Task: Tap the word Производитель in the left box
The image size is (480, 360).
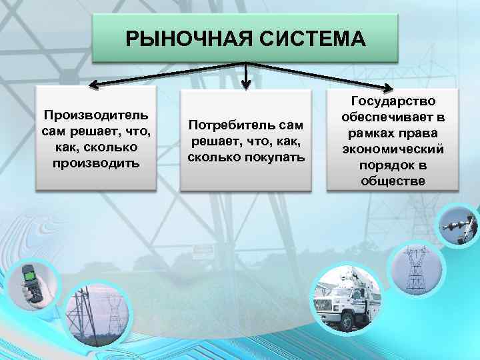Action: tap(97, 114)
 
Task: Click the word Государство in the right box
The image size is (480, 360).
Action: tap(393, 101)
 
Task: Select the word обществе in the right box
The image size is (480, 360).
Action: tap(393, 181)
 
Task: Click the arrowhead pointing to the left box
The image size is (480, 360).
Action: tap(94, 85)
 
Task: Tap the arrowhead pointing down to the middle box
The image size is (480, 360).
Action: tap(246, 85)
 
